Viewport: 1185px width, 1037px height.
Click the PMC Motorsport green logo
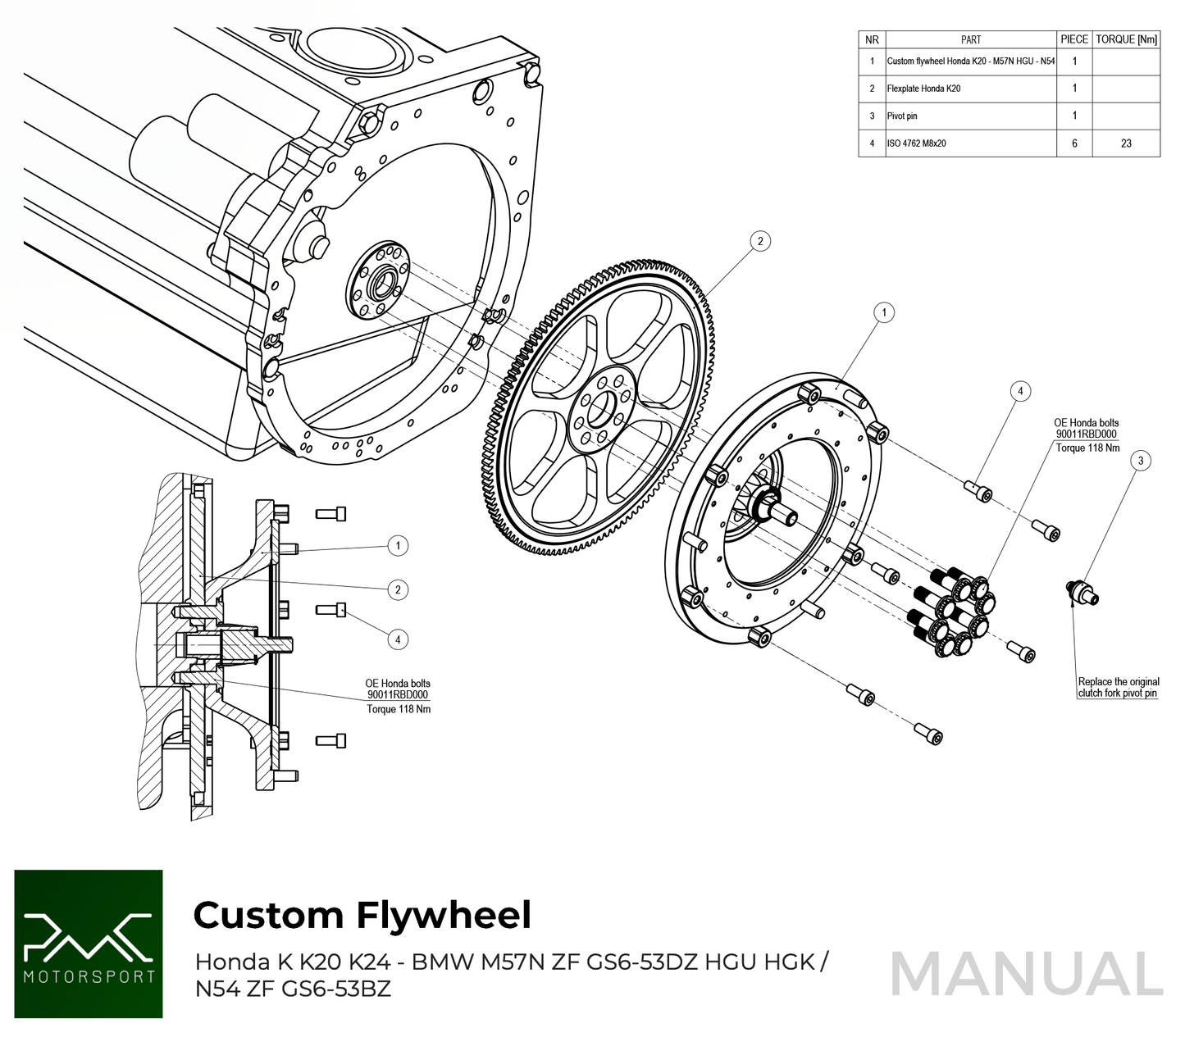89,944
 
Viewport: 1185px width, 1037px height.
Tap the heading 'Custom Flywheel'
362,915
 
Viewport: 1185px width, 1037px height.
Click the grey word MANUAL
1026,975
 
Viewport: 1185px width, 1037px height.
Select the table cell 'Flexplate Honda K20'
923,89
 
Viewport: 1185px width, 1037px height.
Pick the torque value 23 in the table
1126,143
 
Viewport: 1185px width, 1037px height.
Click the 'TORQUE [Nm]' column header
1126,39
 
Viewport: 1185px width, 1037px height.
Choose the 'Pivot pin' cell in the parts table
902,116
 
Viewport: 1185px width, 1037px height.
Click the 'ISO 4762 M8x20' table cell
917,143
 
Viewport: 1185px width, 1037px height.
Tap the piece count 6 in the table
1074,143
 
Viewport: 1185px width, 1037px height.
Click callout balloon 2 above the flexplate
760,241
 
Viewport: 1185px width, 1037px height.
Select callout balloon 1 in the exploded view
883,312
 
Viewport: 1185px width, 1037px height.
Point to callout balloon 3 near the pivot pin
1140,461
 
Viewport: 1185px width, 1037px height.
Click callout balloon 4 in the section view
398,639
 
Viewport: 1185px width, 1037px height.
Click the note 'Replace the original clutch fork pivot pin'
1119,687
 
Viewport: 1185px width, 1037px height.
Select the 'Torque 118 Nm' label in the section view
399,709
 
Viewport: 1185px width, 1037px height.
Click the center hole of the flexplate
604,408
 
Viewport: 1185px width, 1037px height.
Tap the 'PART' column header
971,39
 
